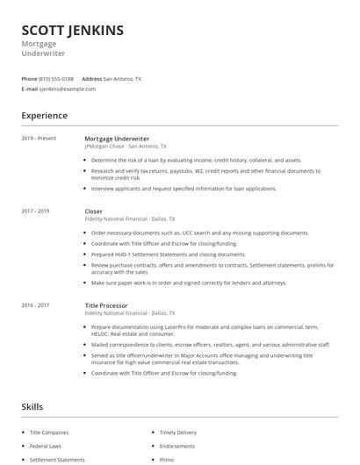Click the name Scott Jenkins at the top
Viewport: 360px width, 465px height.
[x=72, y=31]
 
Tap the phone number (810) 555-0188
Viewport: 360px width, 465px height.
[x=56, y=79]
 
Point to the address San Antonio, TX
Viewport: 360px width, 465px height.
[x=122, y=79]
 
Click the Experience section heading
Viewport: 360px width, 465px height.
[x=44, y=116]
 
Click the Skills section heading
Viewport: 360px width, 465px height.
[x=32, y=407]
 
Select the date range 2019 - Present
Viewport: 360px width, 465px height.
[x=39, y=139]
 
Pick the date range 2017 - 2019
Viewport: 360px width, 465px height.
[x=35, y=211]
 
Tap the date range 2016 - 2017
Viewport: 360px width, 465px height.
[x=35, y=304]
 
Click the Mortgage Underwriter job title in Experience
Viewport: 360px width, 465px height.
[x=117, y=139]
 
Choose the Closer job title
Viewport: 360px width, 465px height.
[x=93, y=211]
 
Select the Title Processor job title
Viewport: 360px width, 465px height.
[x=106, y=304]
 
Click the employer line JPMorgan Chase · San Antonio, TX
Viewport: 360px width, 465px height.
[x=131, y=147]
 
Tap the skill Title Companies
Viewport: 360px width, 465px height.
[x=48, y=433]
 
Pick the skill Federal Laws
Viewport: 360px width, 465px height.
[x=45, y=447]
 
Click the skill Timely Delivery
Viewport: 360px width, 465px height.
[x=178, y=433]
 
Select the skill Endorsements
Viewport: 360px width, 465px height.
[x=176, y=447]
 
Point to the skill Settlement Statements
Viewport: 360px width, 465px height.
[x=57, y=460]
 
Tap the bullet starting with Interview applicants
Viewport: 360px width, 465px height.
[x=183, y=189]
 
